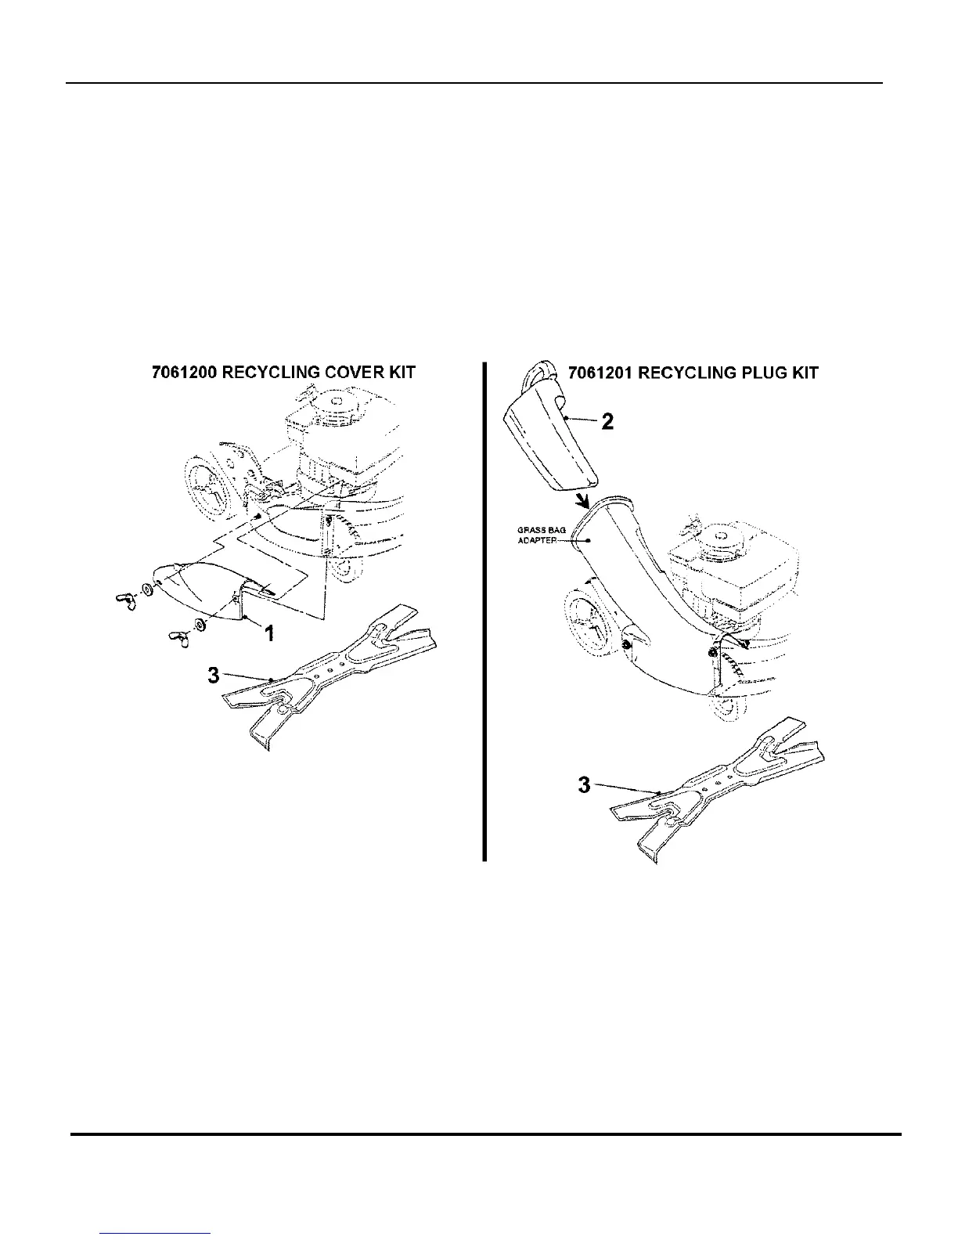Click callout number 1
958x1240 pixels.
[269, 633]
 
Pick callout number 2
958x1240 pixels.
[607, 423]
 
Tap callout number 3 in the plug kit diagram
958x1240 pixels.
[584, 784]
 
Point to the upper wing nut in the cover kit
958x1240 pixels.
[125, 601]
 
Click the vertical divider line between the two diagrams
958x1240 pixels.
[484, 611]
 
